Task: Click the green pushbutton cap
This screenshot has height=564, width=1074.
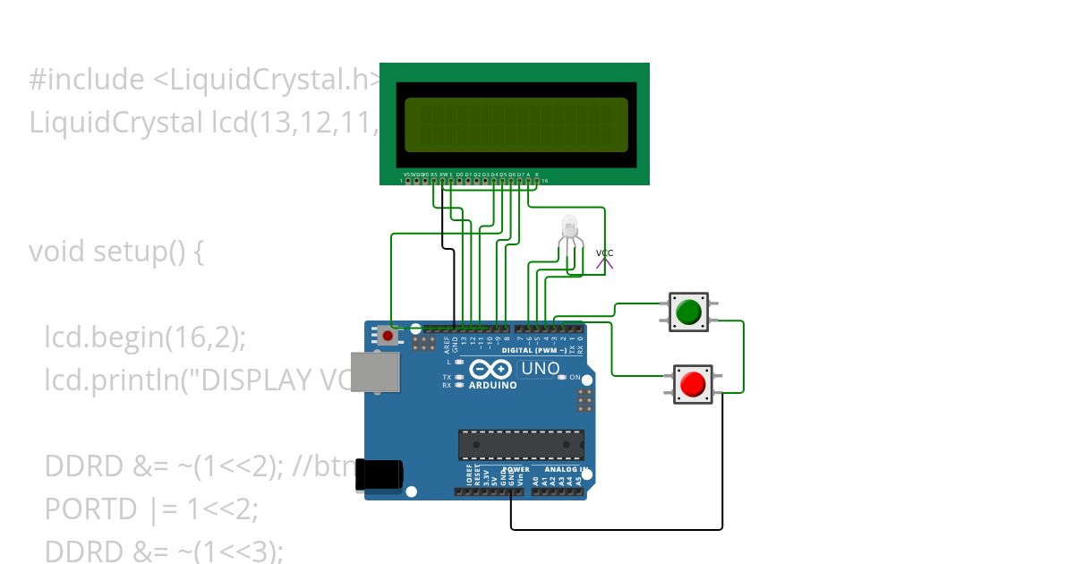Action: click(688, 312)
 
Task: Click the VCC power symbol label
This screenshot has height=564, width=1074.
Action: click(605, 253)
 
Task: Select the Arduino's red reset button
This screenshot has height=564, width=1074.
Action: click(387, 337)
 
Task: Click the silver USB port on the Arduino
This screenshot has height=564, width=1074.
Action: click(374, 372)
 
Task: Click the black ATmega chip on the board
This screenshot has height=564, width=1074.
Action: click(521, 445)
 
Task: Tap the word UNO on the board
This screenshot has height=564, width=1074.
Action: click(540, 369)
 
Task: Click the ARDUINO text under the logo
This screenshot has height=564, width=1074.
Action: click(491, 385)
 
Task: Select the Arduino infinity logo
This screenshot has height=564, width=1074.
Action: click(490, 369)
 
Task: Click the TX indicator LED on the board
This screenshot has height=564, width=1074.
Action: click(460, 378)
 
